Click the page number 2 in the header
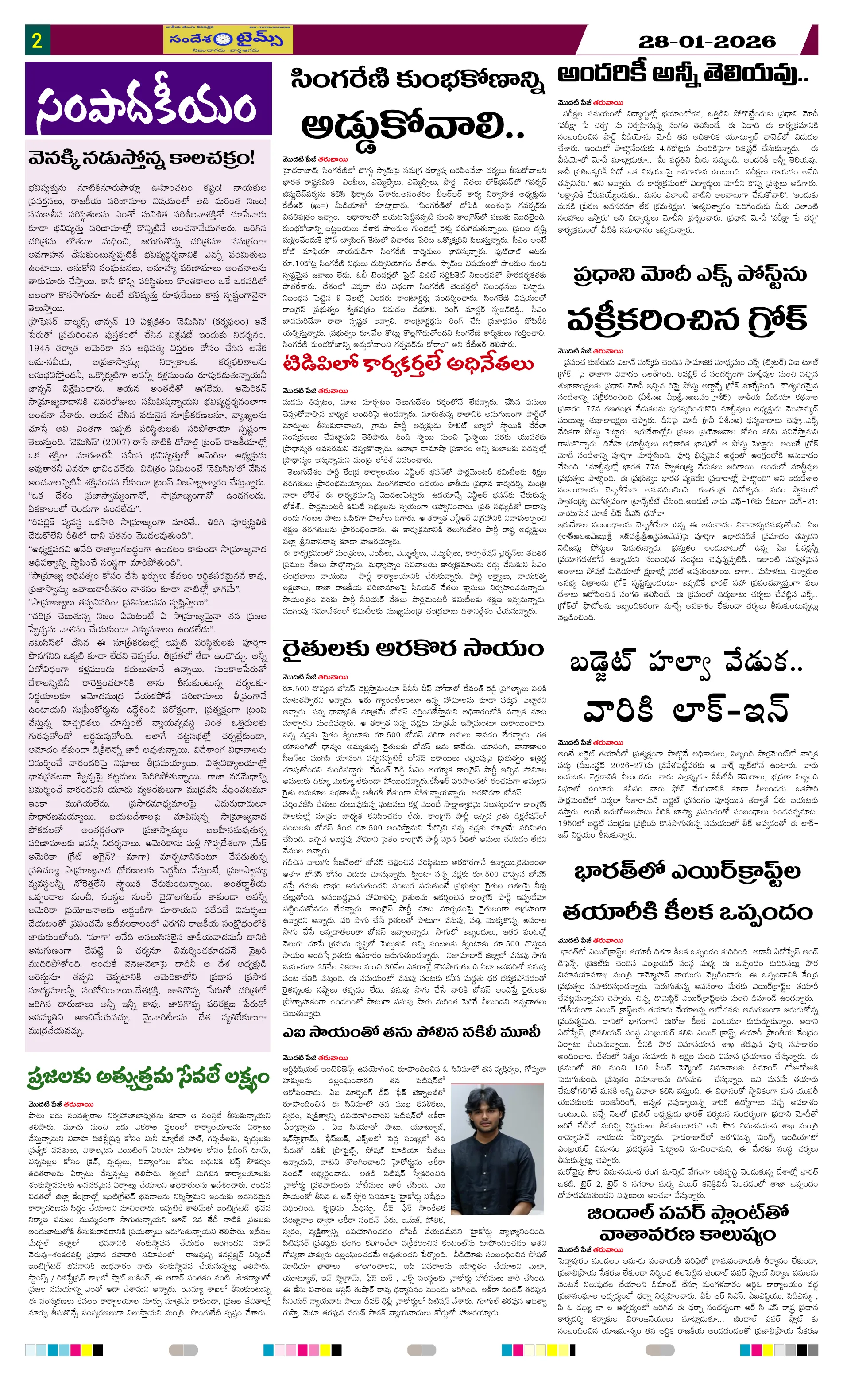37,40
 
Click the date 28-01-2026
707,41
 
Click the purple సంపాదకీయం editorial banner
148,99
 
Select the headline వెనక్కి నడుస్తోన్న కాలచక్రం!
142,158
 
